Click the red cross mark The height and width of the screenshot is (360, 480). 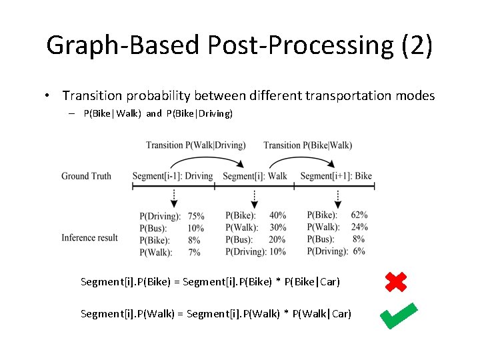[396, 281]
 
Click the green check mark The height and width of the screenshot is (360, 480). [398, 315]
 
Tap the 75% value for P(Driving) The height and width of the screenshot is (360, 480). [196, 217]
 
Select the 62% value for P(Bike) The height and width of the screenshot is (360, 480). [359, 215]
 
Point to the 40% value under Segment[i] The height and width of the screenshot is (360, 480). [278, 215]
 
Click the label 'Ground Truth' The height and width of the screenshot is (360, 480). [86, 176]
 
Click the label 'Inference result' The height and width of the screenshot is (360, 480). [89, 238]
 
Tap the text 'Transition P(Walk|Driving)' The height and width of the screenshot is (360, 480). [195, 145]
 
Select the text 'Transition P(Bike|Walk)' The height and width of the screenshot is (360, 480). [307, 145]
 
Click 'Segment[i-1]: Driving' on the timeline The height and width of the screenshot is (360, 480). [173, 176]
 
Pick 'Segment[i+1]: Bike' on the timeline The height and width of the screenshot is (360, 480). [336, 176]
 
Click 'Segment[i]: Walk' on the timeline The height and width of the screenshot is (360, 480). [255, 176]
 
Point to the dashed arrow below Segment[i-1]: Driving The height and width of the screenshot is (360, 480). [173, 198]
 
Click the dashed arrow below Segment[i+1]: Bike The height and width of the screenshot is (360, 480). [337, 198]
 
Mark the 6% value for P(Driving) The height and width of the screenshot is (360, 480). [359, 251]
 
